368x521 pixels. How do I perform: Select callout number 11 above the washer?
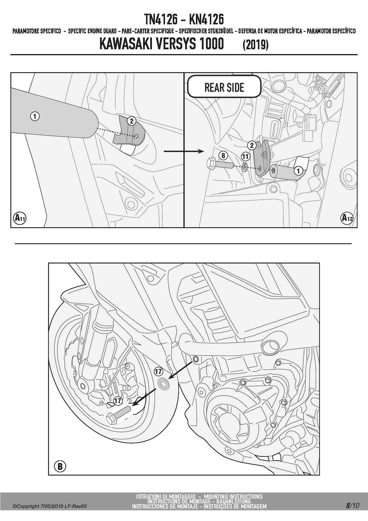245,156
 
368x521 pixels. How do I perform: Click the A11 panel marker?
20,218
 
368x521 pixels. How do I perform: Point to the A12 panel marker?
347,218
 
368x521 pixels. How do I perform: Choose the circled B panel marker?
60,466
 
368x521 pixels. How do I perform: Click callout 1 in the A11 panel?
35,116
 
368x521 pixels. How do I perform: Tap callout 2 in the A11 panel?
131,121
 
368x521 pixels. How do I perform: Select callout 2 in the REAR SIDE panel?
252,145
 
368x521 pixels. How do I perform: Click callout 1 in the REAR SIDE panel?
298,171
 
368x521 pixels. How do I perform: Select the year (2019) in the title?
256,45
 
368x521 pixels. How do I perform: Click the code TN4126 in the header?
161,20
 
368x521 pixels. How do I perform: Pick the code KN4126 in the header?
206,20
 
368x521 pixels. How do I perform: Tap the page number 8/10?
352,506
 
